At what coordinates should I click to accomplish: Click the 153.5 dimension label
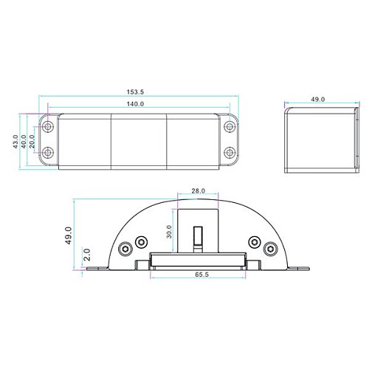point(135,92)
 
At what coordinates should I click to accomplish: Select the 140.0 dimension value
point(135,104)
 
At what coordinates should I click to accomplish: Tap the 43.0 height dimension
point(15,142)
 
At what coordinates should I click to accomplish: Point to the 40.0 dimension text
point(24,142)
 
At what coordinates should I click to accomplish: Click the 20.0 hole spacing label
point(32,142)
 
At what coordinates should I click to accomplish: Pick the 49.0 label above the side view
point(318,100)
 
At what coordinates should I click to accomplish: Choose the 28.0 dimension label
point(198,191)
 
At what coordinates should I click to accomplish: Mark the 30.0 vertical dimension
point(169,232)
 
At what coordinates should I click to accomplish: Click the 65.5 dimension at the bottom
point(201,275)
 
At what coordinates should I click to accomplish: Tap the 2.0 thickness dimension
point(87,255)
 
